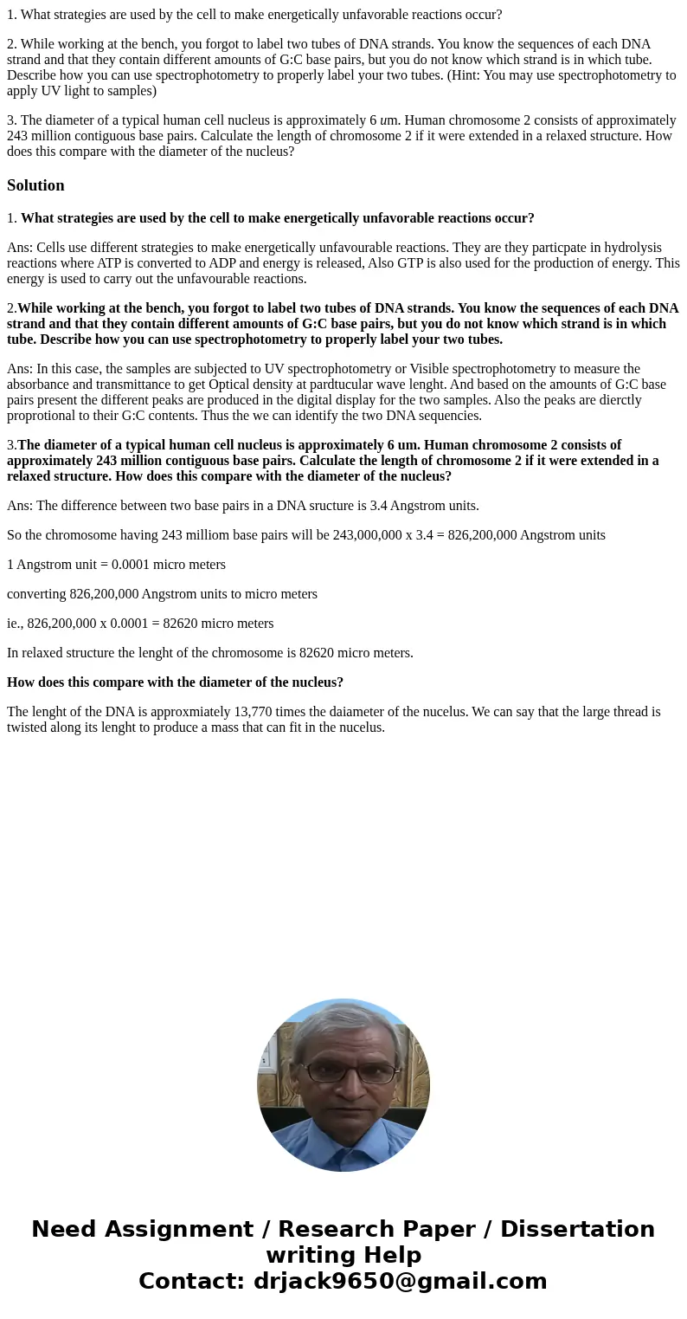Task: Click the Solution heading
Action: coord(35,185)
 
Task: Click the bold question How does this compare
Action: coord(175,682)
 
